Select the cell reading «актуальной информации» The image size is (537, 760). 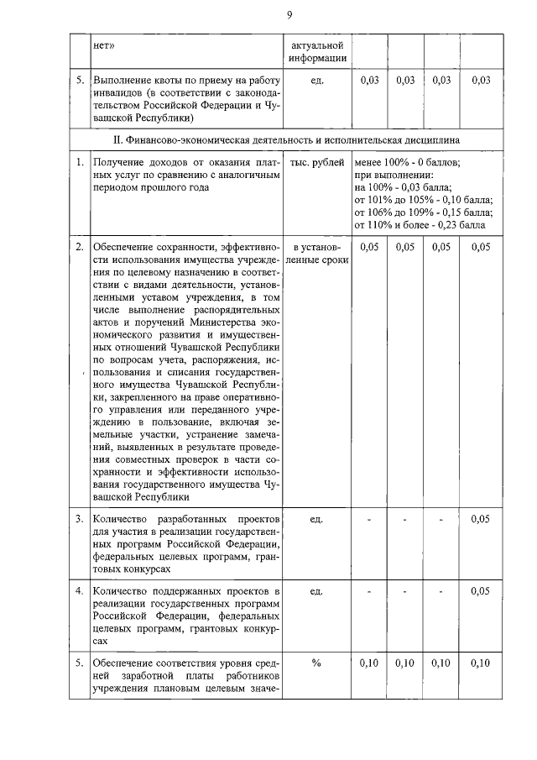pos(316,51)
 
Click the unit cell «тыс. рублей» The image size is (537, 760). pos(316,163)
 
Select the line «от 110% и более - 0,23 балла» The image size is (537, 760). pos(420,225)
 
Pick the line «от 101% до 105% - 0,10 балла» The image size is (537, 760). pos(423,200)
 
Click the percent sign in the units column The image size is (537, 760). pos(316,663)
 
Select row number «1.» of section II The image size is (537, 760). pos(80,163)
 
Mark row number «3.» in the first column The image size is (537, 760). pos(80,519)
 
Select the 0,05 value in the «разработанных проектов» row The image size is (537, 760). pos(481,519)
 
